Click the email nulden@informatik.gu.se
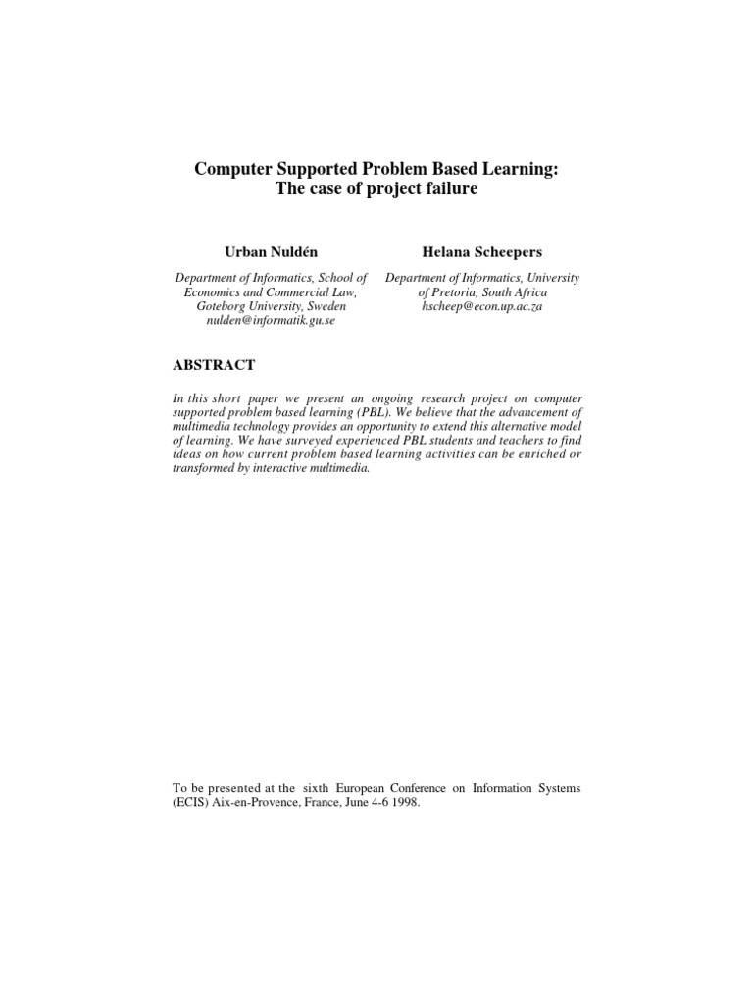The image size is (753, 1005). [x=271, y=321]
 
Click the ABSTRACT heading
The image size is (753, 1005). [x=214, y=365]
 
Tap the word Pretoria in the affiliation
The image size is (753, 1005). [x=454, y=291]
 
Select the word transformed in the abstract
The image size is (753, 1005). [x=208, y=467]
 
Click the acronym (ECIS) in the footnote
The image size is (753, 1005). [x=191, y=802]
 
